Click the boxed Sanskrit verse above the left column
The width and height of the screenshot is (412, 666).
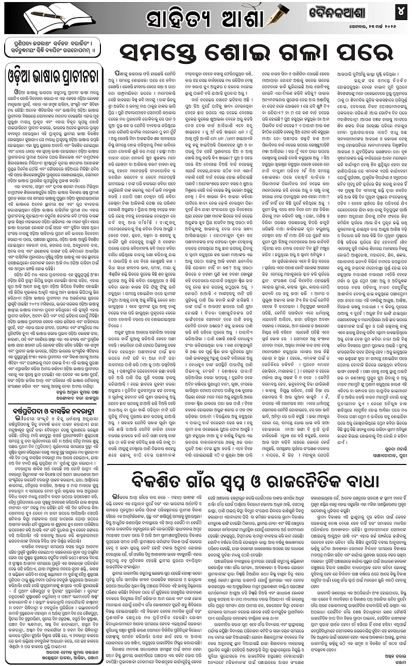tap(52, 49)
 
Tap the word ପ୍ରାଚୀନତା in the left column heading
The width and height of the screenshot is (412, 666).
tap(76, 73)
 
